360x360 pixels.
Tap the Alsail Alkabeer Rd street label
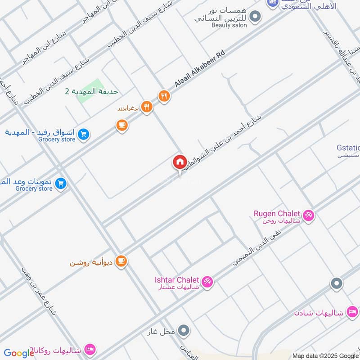coord(199,69)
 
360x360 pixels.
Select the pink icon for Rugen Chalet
coord(308,216)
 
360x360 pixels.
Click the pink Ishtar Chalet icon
coord(207,282)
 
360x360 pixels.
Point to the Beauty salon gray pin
coord(255,18)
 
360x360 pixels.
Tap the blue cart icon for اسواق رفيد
coord(83,134)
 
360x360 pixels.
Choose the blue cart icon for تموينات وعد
coord(61,183)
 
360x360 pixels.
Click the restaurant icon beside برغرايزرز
coord(147,107)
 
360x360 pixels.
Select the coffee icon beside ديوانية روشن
coord(121,261)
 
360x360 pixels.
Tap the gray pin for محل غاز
coord(183,331)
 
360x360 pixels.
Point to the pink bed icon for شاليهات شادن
coord(352,312)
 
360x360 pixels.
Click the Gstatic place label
coord(348,148)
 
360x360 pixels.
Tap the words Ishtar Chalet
coord(177,280)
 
